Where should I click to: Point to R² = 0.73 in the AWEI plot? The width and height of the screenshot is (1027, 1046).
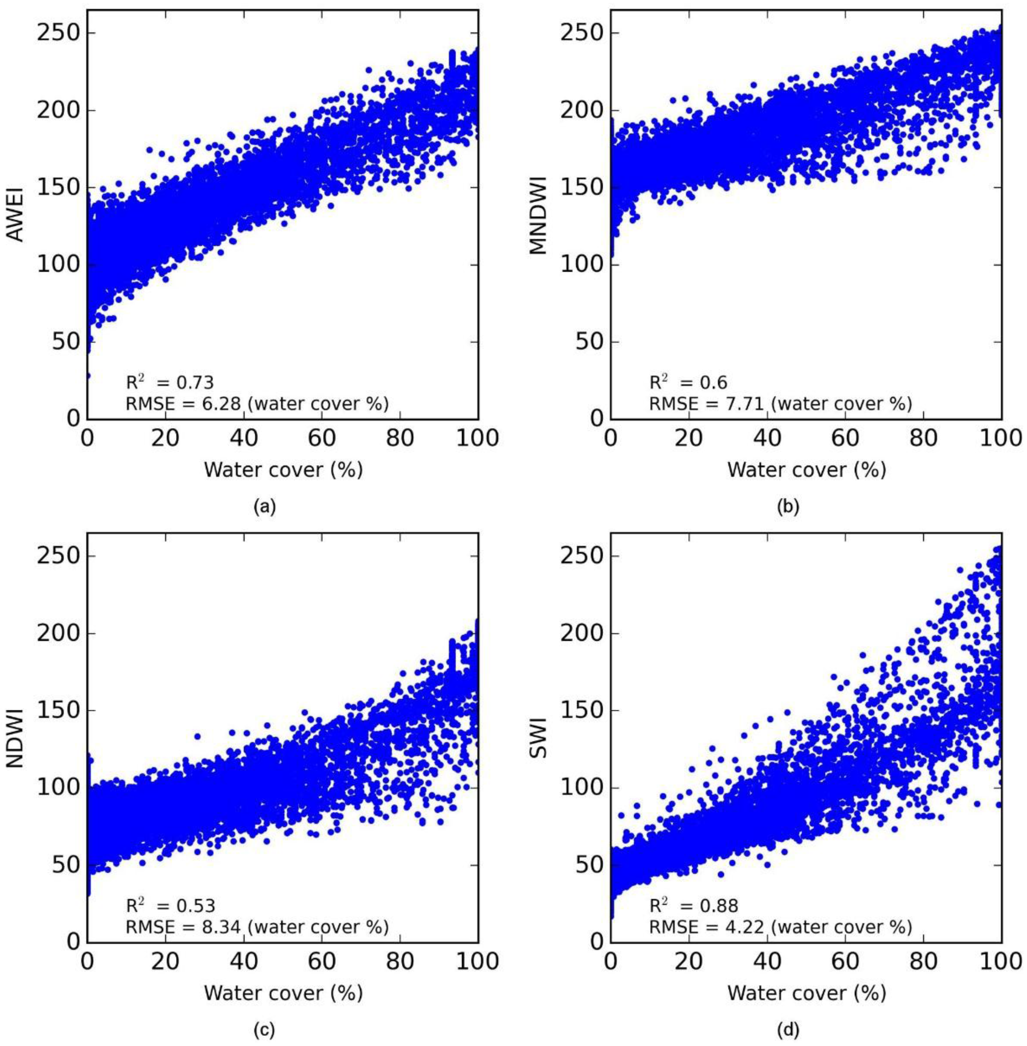click(x=170, y=382)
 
